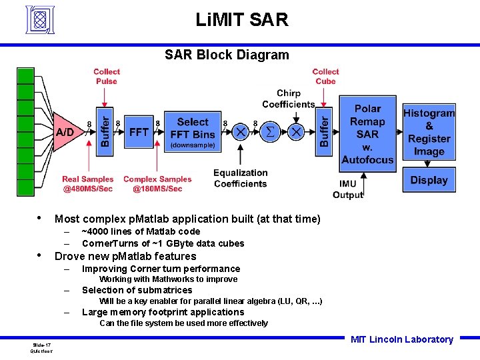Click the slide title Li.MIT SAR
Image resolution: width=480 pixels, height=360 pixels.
point(242,20)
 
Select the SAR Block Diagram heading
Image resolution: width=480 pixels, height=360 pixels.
point(227,55)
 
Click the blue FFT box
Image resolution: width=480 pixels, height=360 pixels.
point(139,132)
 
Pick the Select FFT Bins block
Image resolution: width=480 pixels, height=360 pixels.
point(193,132)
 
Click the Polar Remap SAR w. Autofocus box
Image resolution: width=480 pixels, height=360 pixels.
point(367,133)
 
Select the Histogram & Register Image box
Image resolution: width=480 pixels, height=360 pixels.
point(429,132)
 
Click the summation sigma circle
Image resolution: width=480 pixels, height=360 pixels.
point(269,132)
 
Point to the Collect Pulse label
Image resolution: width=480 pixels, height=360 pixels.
point(107,77)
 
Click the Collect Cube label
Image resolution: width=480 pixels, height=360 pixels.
point(325,77)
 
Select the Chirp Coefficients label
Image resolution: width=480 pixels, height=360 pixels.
point(288,99)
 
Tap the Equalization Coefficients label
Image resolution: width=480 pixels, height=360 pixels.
point(241,179)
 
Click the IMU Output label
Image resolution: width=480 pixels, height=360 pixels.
point(347,189)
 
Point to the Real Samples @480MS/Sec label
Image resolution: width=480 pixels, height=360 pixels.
point(87,184)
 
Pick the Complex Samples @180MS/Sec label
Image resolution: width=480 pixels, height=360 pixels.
point(157,184)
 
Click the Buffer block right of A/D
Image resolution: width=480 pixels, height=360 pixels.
point(105,132)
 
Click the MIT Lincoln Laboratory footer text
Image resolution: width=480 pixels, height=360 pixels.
point(401,339)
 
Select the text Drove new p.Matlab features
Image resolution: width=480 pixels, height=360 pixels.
point(125,257)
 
